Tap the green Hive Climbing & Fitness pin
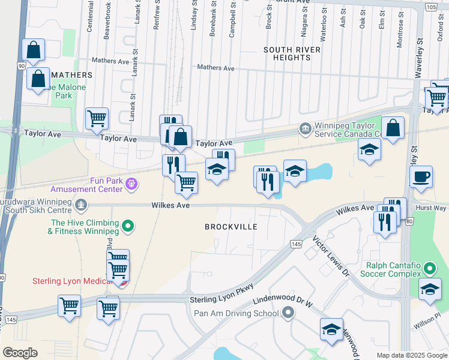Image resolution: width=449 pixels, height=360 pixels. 127,226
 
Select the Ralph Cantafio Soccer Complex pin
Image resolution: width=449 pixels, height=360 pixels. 429,268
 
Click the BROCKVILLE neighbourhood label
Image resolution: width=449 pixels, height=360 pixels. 231,227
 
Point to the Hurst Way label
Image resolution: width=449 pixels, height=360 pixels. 432,208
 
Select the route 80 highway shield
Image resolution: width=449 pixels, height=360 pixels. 408,221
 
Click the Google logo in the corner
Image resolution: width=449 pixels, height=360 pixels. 20,353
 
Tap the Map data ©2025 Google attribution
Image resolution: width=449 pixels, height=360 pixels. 411,355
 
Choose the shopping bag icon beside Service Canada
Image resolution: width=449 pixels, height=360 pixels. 393,128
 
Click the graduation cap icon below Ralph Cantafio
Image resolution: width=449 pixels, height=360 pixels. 430,289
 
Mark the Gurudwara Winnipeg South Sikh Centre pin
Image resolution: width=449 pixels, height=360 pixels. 82,205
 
